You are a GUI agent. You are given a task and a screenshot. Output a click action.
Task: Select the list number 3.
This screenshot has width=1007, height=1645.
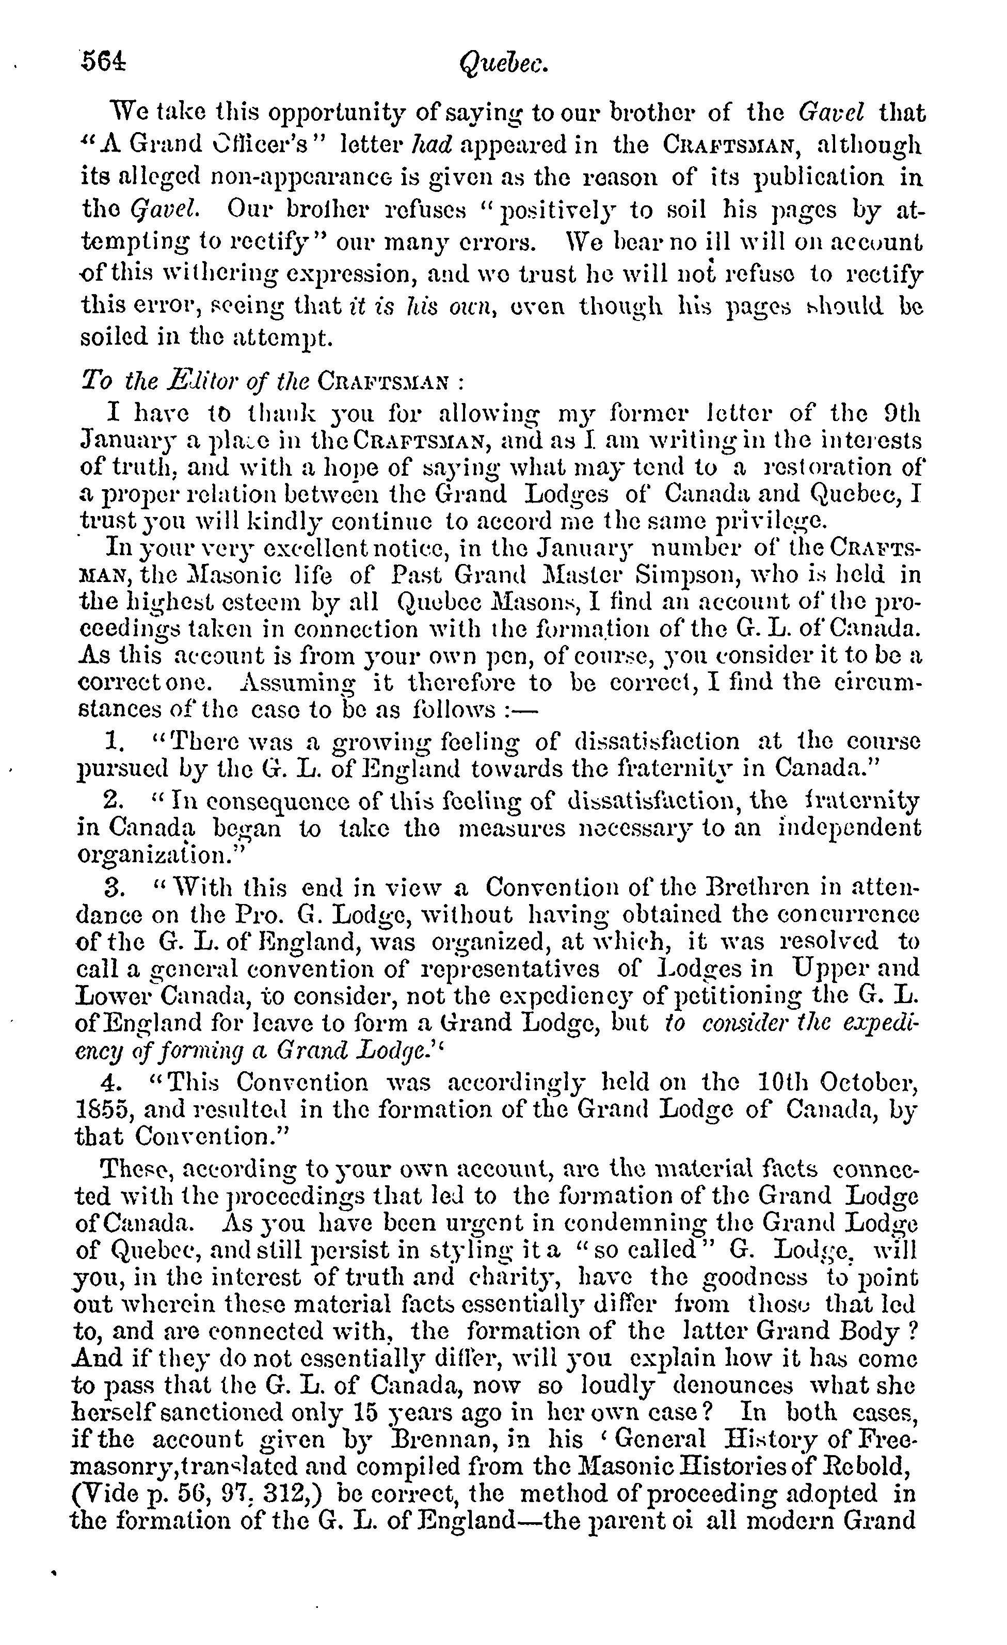(x=113, y=888)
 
